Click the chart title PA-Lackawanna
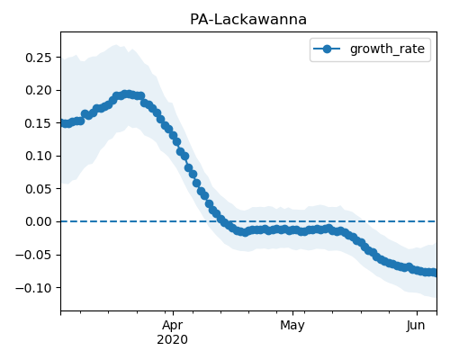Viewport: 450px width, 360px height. [248, 20]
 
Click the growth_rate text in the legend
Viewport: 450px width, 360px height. [387, 49]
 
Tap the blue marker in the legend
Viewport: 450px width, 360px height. [327, 49]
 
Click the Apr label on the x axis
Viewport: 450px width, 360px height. [173, 326]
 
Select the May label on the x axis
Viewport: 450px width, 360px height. [292, 326]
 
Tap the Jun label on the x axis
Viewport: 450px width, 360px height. [416, 326]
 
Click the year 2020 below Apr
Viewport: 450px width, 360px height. [173, 339]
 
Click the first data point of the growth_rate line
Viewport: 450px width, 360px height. [62, 123]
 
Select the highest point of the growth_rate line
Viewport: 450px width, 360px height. [128, 94]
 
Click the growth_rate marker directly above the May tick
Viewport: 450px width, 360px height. [293, 230]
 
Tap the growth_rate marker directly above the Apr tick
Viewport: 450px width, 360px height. [173, 136]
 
